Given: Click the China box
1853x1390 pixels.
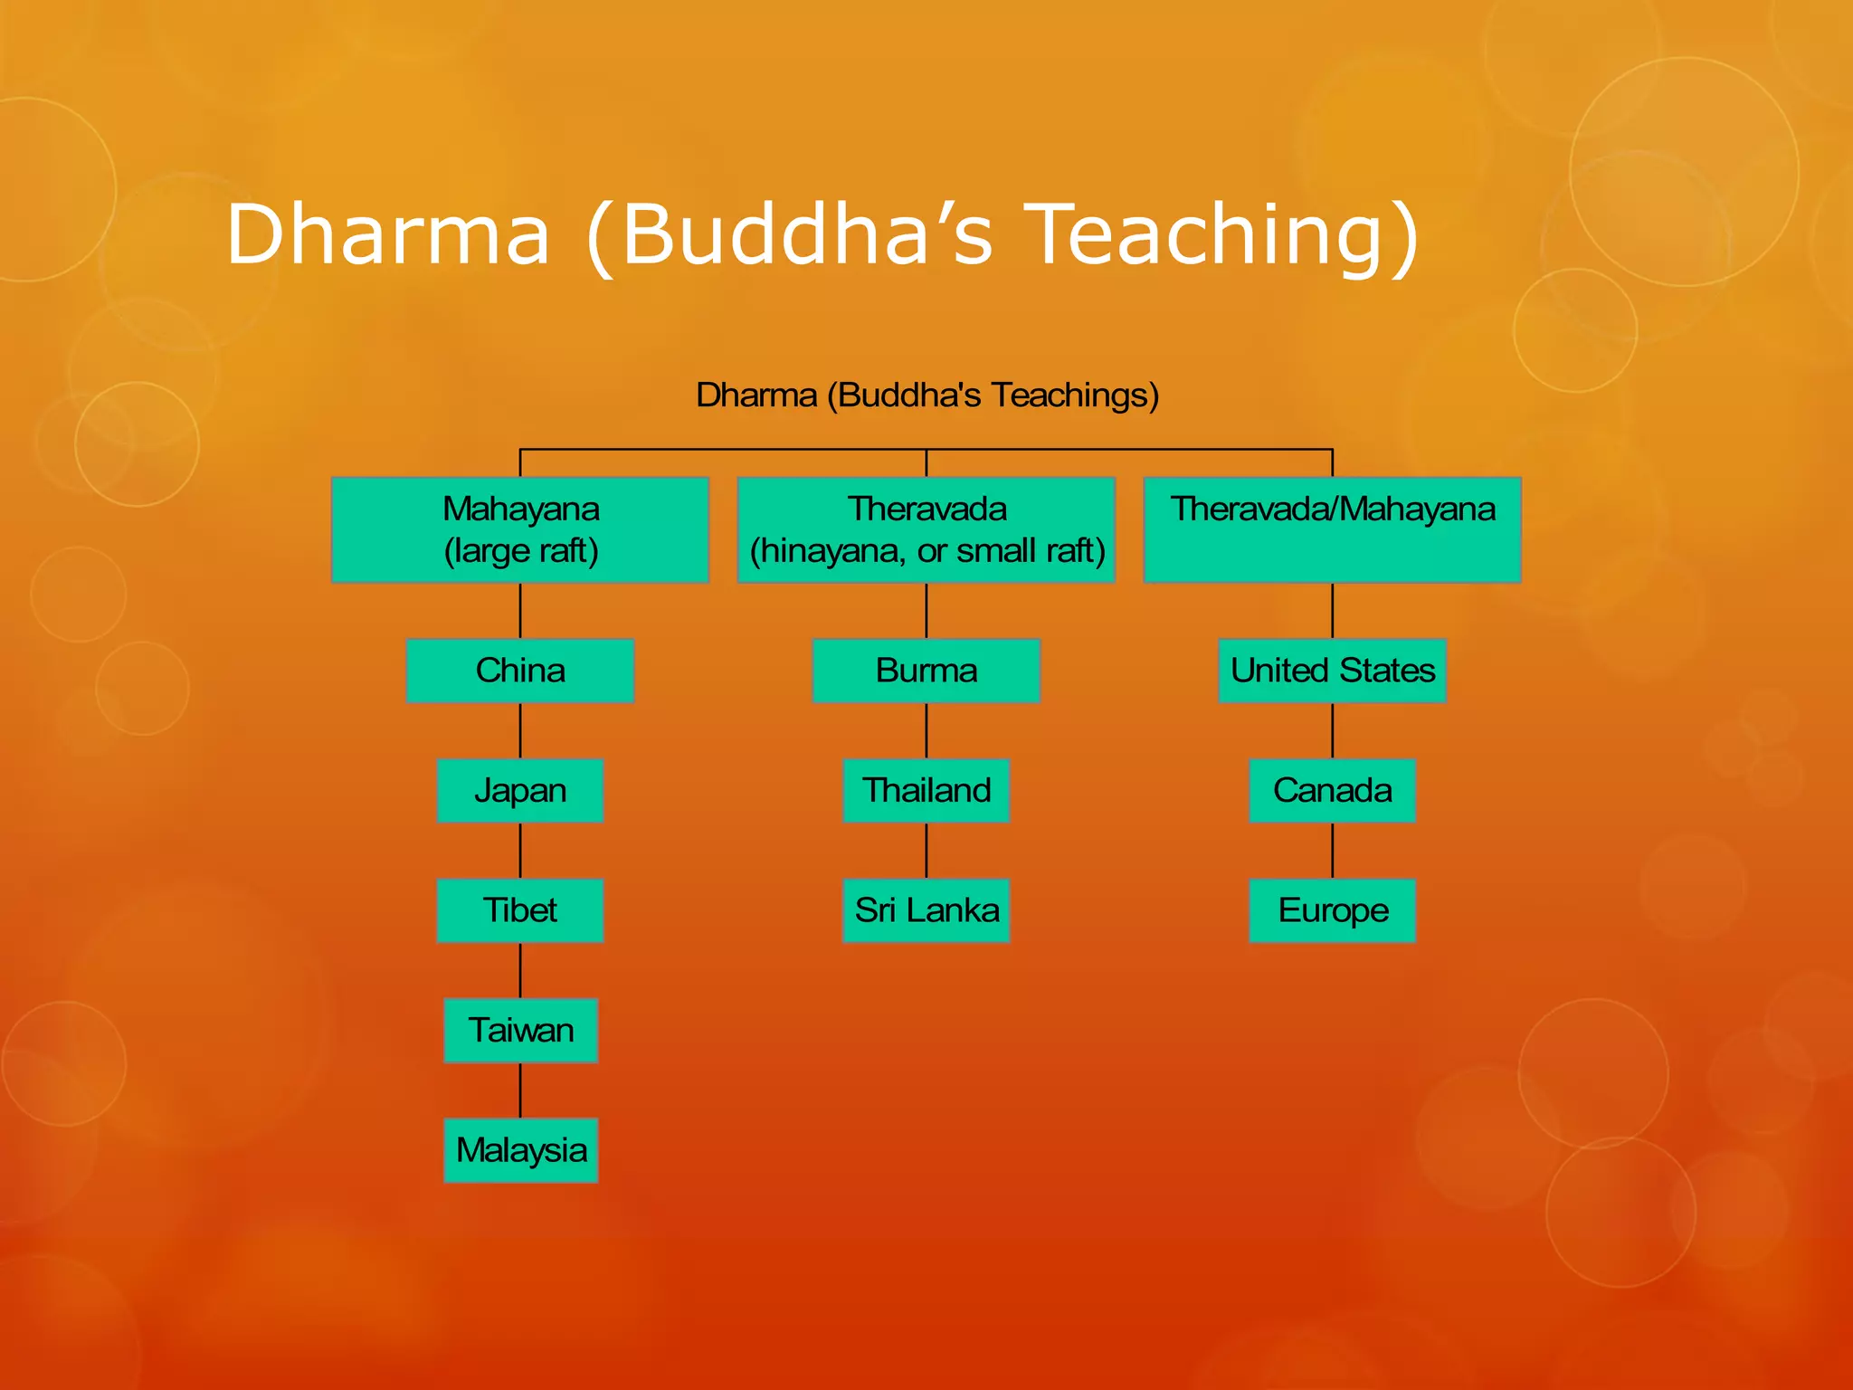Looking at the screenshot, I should coord(520,671).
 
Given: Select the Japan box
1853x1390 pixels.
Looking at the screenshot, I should coord(520,790).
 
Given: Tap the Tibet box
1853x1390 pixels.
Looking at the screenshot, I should coord(520,910).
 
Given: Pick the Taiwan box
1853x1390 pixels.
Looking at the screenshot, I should coord(520,1030).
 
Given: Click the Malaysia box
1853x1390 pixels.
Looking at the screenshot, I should coord(520,1150).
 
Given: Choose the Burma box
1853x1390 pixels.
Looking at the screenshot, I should coord(926,671).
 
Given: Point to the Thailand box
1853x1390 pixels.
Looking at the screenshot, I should coord(926,790).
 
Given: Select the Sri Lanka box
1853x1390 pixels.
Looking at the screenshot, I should coord(926,910).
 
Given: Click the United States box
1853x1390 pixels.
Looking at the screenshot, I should coord(1332,671).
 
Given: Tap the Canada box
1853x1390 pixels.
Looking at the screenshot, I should coord(1332,790).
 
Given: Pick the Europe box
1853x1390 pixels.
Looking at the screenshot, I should coord(1332,910).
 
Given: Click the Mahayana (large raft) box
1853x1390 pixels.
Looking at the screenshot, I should coord(520,529).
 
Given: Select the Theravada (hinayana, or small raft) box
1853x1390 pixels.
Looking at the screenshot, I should coord(926,529).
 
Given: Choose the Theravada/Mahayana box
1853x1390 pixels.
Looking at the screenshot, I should coord(1332,529).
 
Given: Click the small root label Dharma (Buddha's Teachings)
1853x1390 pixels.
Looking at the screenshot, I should coord(926,395).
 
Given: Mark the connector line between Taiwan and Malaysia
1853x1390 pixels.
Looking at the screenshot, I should coord(520,1090).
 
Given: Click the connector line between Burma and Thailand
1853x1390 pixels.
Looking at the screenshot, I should coord(926,730).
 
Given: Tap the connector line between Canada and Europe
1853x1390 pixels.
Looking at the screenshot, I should coord(1332,851).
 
